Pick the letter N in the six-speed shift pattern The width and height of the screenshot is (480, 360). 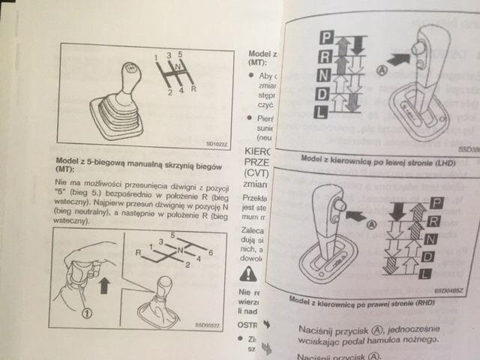click(x=180, y=250)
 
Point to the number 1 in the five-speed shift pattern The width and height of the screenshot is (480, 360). click(x=155, y=58)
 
